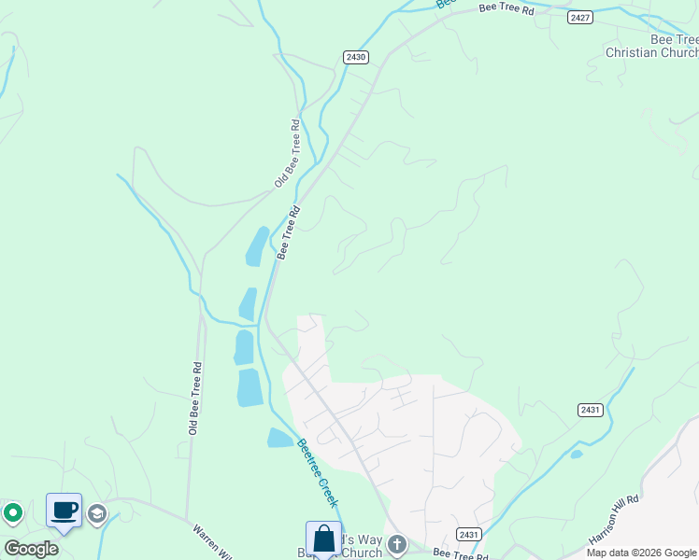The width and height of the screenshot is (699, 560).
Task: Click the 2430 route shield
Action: pos(356,57)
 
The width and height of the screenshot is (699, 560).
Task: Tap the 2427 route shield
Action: pos(580,17)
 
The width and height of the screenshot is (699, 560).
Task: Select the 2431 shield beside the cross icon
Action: pos(469,534)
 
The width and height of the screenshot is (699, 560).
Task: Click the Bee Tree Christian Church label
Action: pos(652,47)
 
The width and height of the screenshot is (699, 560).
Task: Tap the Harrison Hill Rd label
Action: pos(614,520)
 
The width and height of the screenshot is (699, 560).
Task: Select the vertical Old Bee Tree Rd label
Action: pos(195,399)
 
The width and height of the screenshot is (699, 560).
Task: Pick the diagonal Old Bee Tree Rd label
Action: pos(287,154)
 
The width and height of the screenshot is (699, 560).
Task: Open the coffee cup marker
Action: pos(64,511)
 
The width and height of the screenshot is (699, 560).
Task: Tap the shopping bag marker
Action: pos(323,539)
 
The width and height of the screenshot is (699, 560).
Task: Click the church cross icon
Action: pos(397,544)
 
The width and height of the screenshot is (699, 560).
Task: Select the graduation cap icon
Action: pos(96,513)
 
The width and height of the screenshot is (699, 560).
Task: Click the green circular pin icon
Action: pos(13,512)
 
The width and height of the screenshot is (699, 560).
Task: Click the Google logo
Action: pos(31,549)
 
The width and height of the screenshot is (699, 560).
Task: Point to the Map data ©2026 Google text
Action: pos(641,553)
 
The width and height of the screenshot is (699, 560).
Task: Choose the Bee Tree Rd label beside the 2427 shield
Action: pos(506,8)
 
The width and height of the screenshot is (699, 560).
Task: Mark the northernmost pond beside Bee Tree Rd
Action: pos(256,247)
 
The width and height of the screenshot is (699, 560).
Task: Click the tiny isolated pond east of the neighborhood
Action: pos(576,455)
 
